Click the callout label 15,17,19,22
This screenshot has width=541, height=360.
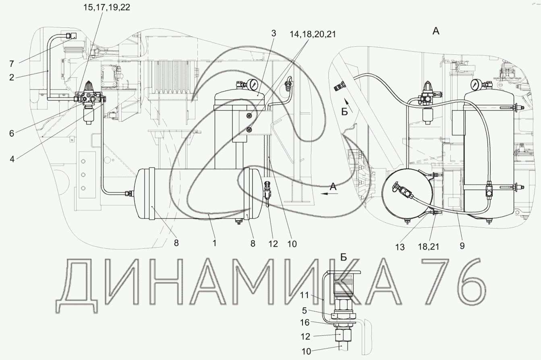(x=107, y=7)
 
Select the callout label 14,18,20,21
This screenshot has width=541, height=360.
(x=313, y=34)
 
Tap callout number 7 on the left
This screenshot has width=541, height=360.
(x=12, y=64)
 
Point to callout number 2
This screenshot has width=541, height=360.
(x=12, y=77)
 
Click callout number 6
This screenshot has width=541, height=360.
(x=12, y=133)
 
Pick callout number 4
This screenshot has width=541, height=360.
(x=12, y=159)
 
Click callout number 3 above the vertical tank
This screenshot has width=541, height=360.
(x=274, y=33)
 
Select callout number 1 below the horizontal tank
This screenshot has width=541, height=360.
(x=214, y=243)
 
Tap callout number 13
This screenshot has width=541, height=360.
(x=400, y=247)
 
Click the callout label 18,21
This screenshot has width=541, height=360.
(x=429, y=247)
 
